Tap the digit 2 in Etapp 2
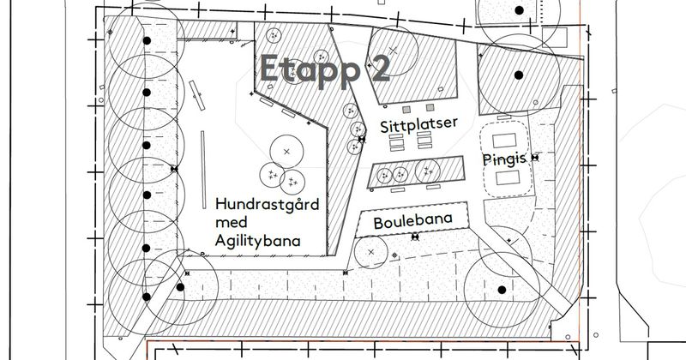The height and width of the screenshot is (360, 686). (x=380, y=69)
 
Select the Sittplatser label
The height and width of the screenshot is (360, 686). (x=418, y=124)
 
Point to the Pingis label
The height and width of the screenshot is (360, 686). (x=504, y=159)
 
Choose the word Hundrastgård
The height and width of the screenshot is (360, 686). (x=268, y=205)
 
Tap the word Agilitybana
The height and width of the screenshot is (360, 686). (x=258, y=241)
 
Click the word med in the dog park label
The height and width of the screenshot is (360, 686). (x=231, y=222)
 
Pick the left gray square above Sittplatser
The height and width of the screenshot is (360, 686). (x=406, y=109)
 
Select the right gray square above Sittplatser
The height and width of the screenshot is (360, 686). (x=430, y=107)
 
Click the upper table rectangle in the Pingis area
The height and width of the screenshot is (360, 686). (x=504, y=141)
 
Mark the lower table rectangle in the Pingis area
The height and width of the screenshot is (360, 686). (x=508, y=178)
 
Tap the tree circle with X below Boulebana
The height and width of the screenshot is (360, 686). (x=371, y=252)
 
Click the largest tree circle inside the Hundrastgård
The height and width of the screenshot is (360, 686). (x=286, y=152)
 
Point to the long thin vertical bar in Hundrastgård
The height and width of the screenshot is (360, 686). (x=203, y=170)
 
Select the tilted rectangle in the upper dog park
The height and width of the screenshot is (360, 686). (x=197, y=95)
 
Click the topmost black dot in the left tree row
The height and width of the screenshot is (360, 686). (x=147, y=40)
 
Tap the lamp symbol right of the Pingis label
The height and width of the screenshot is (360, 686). (x=534, y=158)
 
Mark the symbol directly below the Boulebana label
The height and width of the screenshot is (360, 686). (x=415, y=237)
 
